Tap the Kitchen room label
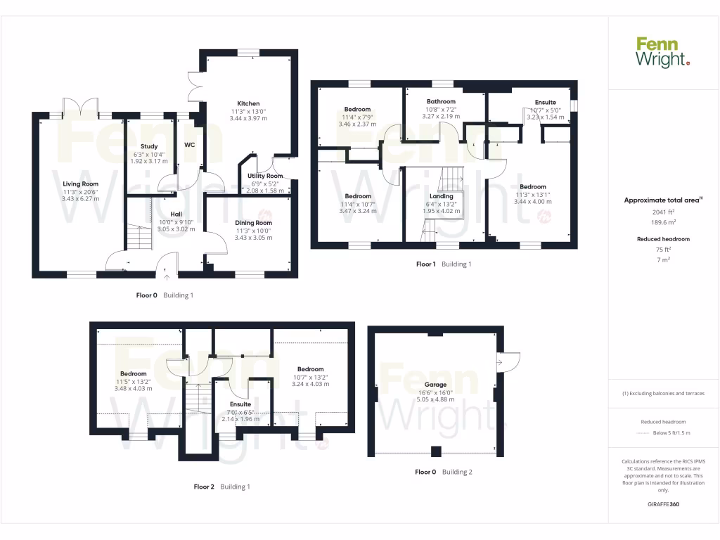click(x=249, y=103)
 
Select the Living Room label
click(x=80, y=184)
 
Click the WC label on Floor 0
click(x=189, y=145)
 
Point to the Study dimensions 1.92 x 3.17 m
click(x=149, y=161)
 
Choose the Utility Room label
click(x=266, y=176)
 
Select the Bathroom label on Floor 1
click(x=441, y=102)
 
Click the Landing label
click(x=442, y=196)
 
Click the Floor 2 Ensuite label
click(x=240, y=404)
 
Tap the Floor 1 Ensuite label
click(x=545, y=103)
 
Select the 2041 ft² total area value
click(x=663, y=212)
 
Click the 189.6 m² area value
click(x=663, y=221)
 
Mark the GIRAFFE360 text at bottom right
click(x=663, y=504)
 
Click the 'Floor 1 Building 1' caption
click(x=444, y=264)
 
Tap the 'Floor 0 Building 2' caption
click(x=443, y=472)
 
